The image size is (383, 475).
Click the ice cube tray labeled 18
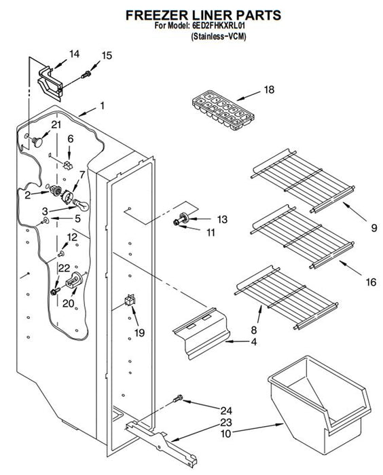pyautogui.click(x=223, y=110)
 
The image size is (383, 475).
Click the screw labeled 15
pyautogui.click(x=86, y=74)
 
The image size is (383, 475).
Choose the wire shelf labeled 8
pyautogui.click(x=287, y=297)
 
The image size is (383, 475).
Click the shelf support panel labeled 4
pyautogui.click(x=202, y=332)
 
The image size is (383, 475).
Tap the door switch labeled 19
pyautogui.click(x=130, y=300)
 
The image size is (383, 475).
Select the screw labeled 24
pyautogui.click(x=179, y=399)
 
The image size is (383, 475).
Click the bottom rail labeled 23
pyautogui.click(x=162, y=444)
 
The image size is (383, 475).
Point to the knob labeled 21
pyautogui.click(x=37, y=141)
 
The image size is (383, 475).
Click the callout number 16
pyautogui.click(x=371, y=282)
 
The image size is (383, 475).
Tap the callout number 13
pyautogui.click(x=222, y=219)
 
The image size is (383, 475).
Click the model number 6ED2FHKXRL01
pyautogui.click(x=219, y=26)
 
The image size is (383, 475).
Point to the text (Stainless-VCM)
pyautogui.click(x=219, y=37)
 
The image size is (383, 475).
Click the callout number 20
pyautogui.click(x=68, y=303)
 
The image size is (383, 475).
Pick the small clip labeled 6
pyautogui.click(x=68, y=166)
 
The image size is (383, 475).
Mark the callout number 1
pyautogui.click(x=102, y=106)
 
